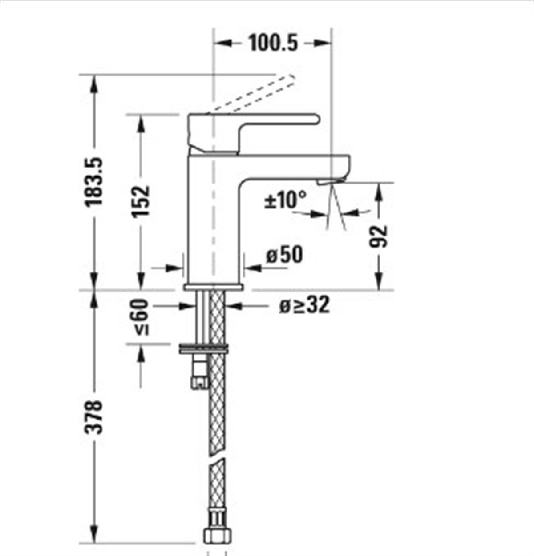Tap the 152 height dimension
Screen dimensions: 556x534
141,200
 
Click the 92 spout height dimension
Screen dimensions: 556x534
379,236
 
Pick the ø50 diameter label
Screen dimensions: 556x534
284,255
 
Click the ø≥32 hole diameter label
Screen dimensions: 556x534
305,305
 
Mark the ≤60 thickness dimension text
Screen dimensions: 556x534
141,316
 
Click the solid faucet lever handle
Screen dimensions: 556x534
249,127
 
